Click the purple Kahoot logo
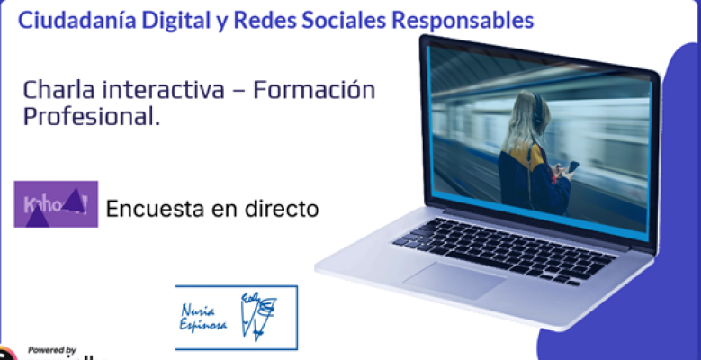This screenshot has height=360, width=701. pyautogui.click(x=56, y=204)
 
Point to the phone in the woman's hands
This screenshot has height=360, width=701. pyautogui.click(x=571, y=167)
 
